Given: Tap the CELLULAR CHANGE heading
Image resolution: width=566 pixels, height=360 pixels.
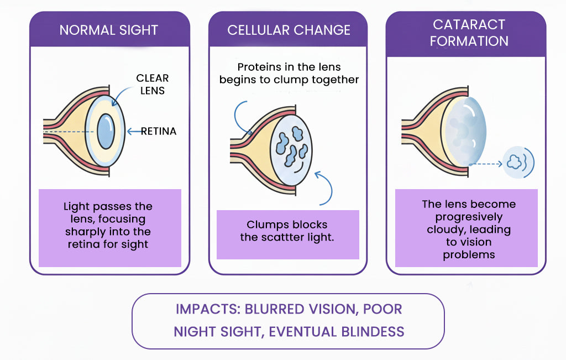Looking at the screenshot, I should point(289,30).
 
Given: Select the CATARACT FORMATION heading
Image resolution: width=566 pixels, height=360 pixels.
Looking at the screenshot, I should point(469,33).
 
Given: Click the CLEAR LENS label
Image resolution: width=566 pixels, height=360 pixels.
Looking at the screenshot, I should point(153,84).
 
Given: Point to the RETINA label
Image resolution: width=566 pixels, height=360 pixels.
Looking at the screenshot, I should point(159,131).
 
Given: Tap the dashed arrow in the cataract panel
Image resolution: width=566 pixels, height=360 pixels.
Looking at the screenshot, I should point(486,164).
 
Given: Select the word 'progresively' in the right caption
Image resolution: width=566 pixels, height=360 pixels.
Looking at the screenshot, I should point(468,217).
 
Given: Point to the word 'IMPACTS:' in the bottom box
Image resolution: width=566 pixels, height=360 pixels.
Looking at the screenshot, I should point(208,309).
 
